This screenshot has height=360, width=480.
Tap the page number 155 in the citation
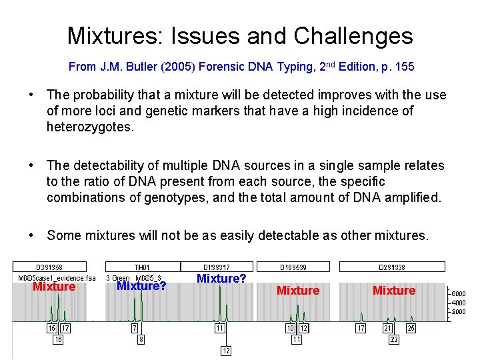point(403,67)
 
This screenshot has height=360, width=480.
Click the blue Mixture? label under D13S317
point(222,279)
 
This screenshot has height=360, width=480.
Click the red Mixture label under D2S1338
point(394,291)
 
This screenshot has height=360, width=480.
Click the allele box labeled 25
point(411,328)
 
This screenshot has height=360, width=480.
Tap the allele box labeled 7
point(134,328)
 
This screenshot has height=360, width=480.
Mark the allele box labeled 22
point(394,339)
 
